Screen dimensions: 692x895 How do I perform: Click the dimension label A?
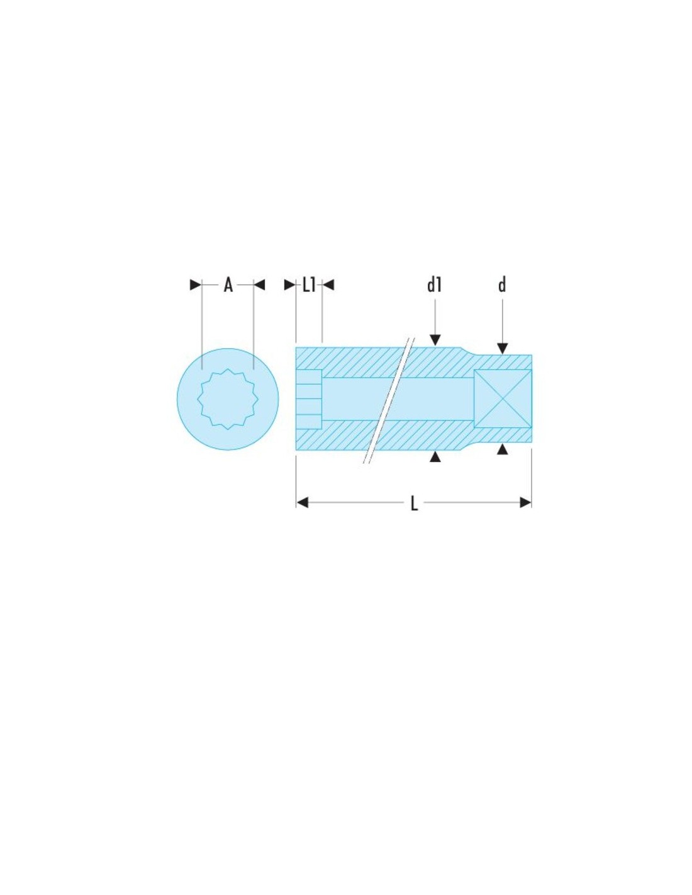(x=228, y=285)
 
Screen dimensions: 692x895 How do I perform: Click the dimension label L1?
(x=309, y=285)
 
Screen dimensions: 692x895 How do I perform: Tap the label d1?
(x=434, y=285)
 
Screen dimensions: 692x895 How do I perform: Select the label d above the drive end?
(x=502, y=285)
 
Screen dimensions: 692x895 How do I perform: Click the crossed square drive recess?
(x=503, y=398)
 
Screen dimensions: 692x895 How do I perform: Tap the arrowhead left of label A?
(x=195, y=284)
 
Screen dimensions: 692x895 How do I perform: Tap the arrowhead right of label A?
(x=259, y=284)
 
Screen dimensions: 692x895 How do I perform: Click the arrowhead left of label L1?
(x=290, y=284)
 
